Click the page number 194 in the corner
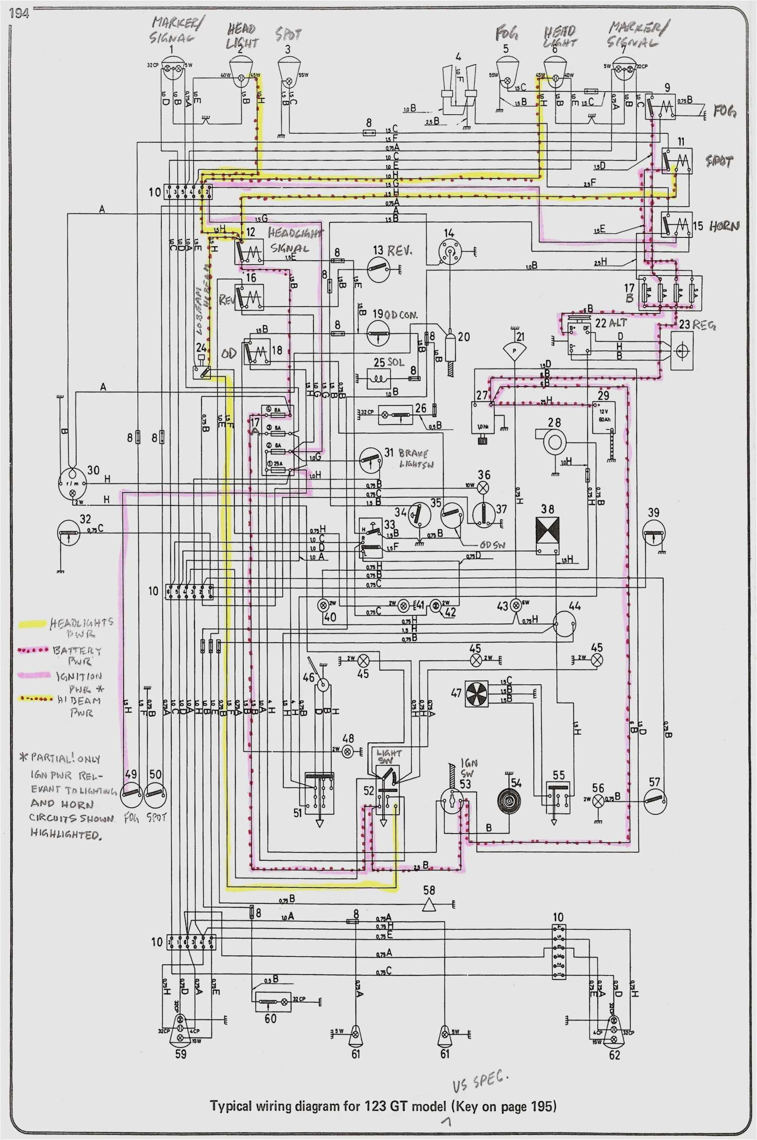19,14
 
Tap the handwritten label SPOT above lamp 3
288,35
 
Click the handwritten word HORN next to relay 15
723,226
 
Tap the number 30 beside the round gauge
93,470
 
